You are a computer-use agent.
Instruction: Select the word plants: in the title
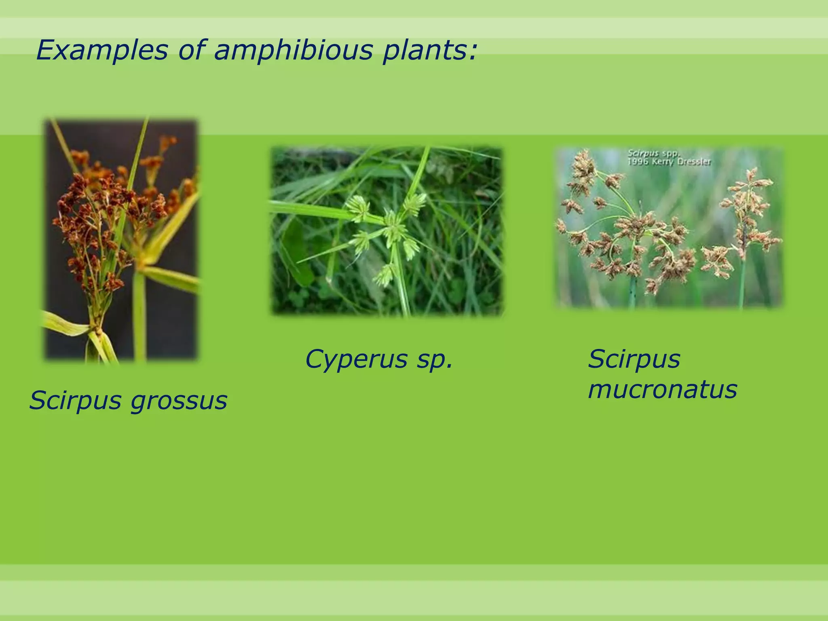[431, 51]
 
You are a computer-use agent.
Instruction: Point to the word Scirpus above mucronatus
[634, 359]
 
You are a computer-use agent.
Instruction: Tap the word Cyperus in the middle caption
[356, 359]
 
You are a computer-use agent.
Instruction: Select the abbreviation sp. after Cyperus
[434, 359]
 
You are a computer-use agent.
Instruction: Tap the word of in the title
[190, 51]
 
